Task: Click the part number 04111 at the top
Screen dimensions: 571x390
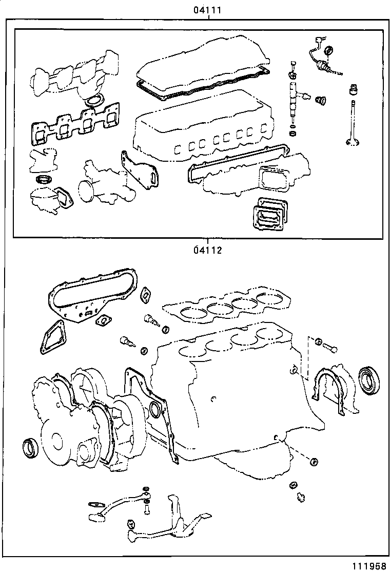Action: (207, 10)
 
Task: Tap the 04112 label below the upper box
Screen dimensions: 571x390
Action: (207, 251)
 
